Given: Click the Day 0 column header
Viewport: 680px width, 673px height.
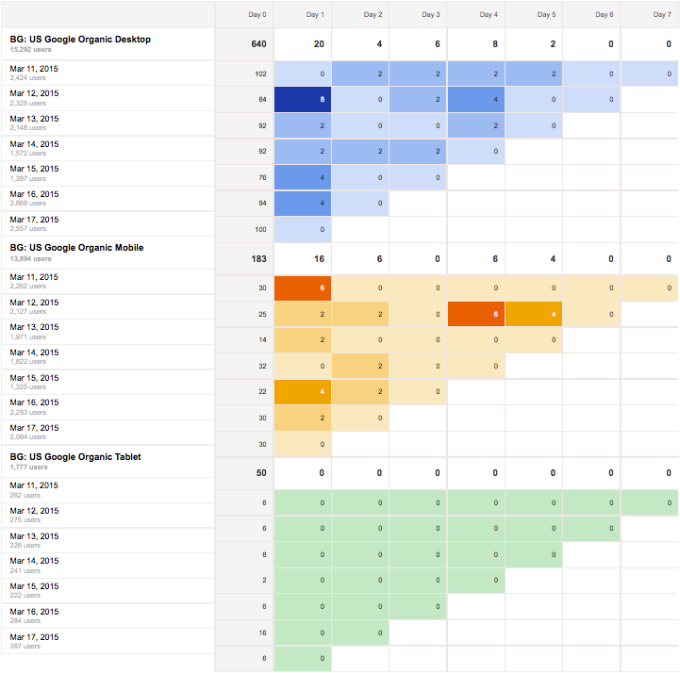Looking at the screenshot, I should tap(257, 15).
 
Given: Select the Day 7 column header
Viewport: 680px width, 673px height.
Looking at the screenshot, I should tap(662, 15).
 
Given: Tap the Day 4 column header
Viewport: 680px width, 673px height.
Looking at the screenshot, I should tap(489, 15).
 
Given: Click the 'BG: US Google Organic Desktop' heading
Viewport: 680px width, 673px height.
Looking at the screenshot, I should tap(80, 40).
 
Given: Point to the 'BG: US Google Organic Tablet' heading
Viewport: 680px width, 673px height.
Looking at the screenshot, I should tap(75, 456).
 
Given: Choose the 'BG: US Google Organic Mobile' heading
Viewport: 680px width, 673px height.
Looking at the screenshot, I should tap(76, 248).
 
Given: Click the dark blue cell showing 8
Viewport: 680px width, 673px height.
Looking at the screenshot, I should tap(302, 98).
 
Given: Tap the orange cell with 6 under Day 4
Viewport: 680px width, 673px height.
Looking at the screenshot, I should tap(475, 315).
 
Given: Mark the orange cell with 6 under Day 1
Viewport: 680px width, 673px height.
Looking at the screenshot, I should tap(302, 288).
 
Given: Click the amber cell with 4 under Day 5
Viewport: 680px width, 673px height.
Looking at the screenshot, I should tap(533, 315).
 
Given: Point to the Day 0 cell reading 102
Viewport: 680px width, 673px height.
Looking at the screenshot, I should tap(260, 74).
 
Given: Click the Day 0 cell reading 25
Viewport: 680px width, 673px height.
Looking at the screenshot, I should tap(261, 315).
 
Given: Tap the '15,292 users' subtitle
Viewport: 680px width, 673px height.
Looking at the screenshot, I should tap(33, 49).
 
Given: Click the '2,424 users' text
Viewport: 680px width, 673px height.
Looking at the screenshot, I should tap(27, 78).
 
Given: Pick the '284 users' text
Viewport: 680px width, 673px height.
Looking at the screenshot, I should tap(25, 620).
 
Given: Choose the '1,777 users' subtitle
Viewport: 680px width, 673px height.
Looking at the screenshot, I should tap(29, 467).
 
